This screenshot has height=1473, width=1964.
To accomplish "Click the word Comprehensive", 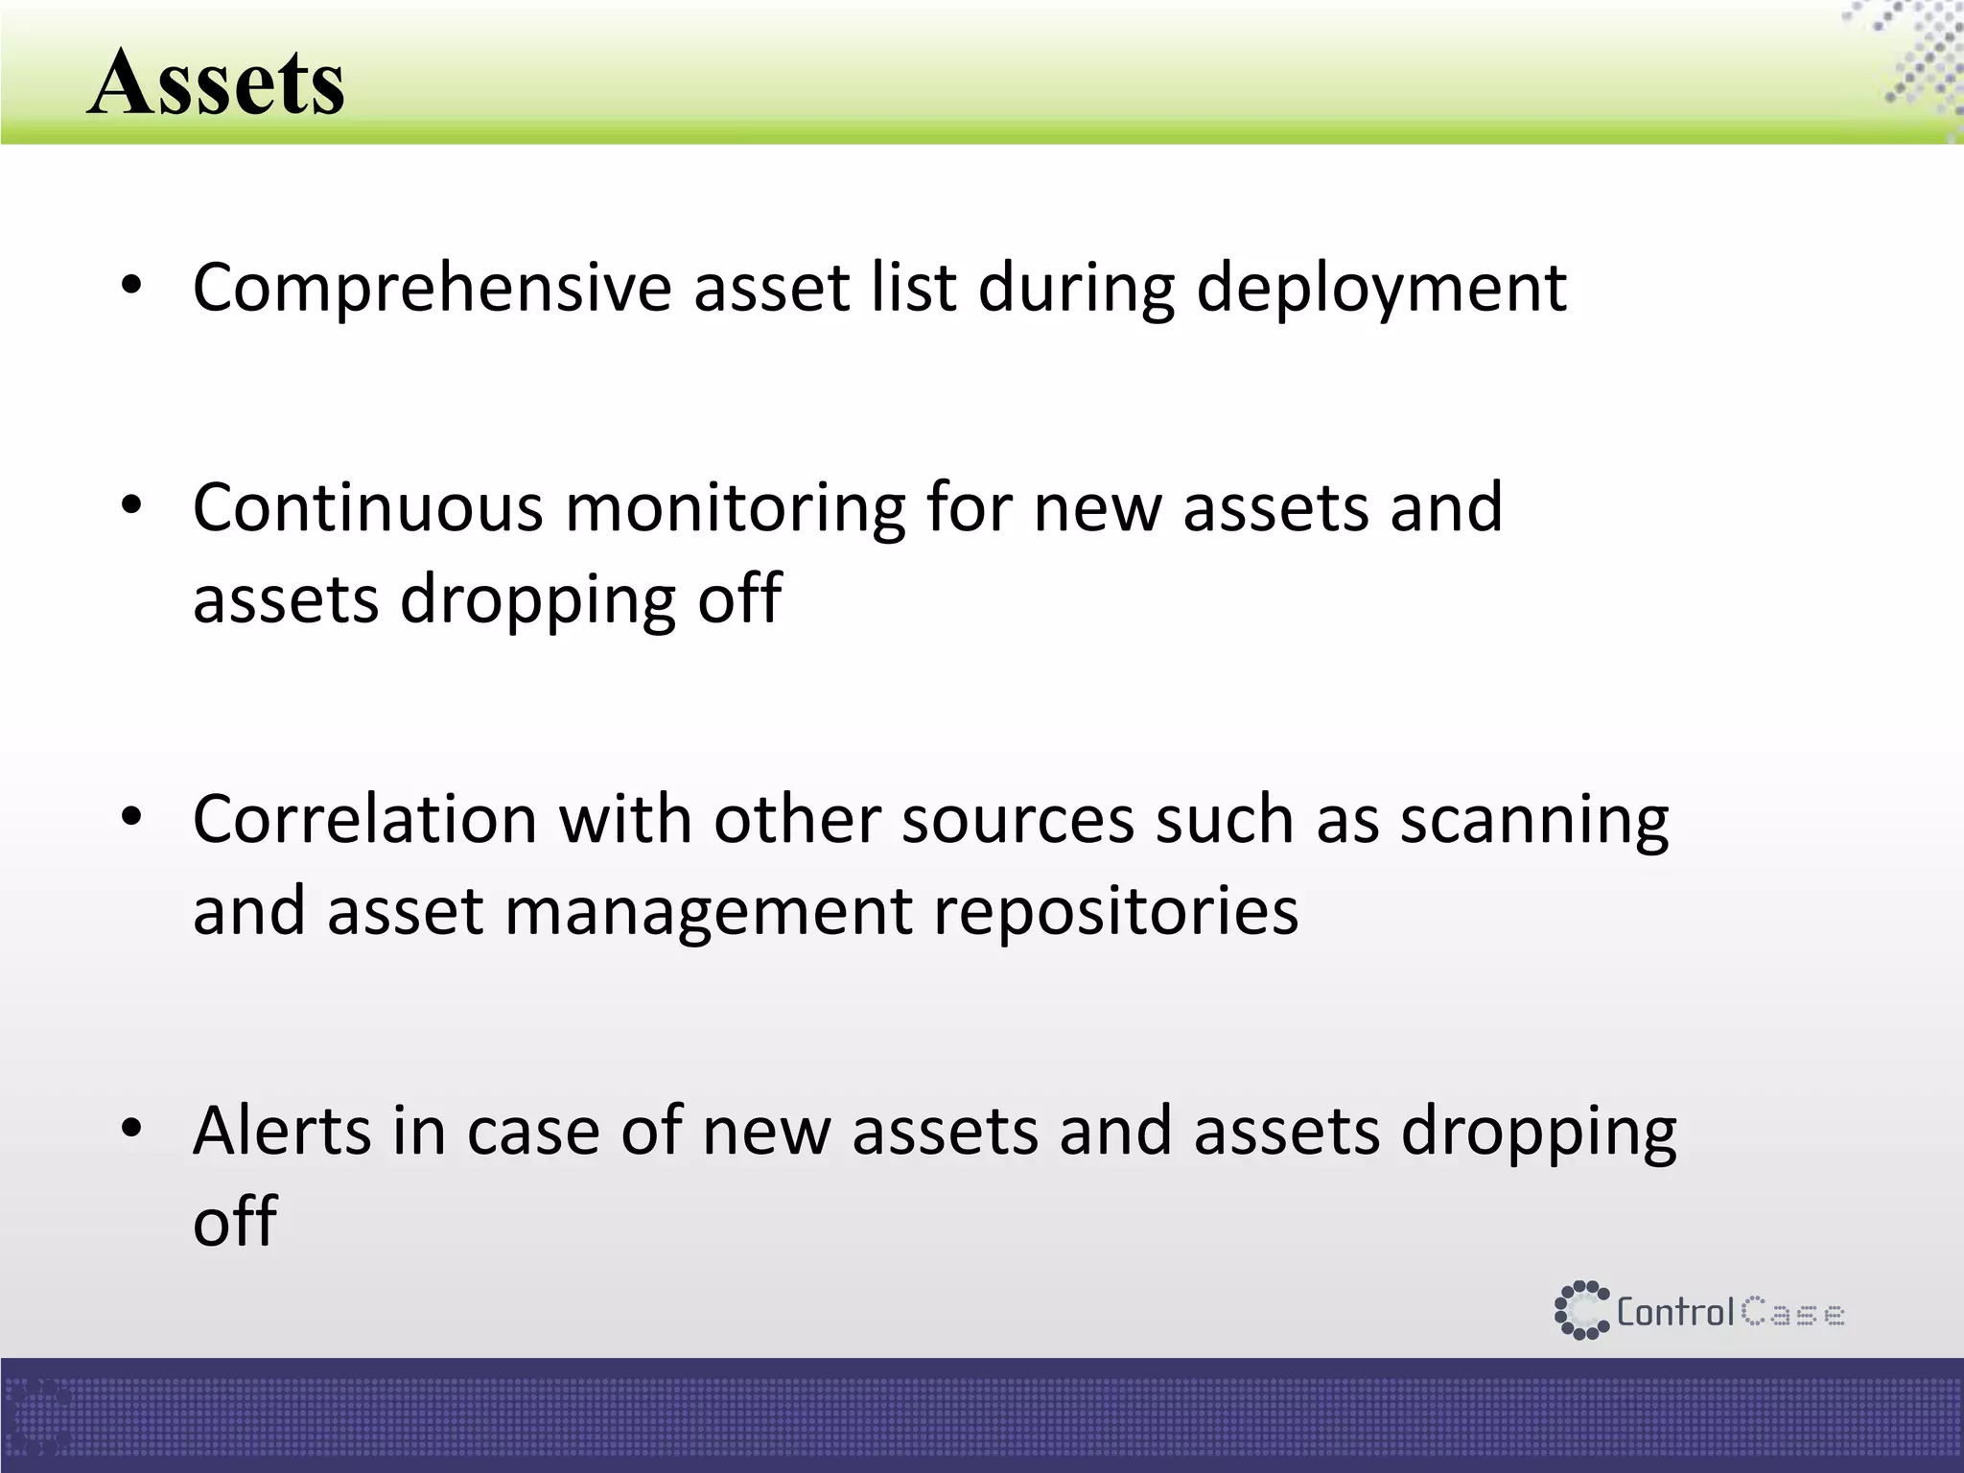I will [x=432, y=288].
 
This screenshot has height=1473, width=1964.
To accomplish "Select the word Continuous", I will [x=367, y=507].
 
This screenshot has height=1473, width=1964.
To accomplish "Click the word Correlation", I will [x=364, y=820].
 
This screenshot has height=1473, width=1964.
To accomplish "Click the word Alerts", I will [x=281, y=1131].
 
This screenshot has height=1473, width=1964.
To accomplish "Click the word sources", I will [x=1017, y=822].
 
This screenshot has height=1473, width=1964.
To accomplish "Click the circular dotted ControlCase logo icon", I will [x=1580, y=1310].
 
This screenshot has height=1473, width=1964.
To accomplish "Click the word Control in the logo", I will [x=1674, y=1312].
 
